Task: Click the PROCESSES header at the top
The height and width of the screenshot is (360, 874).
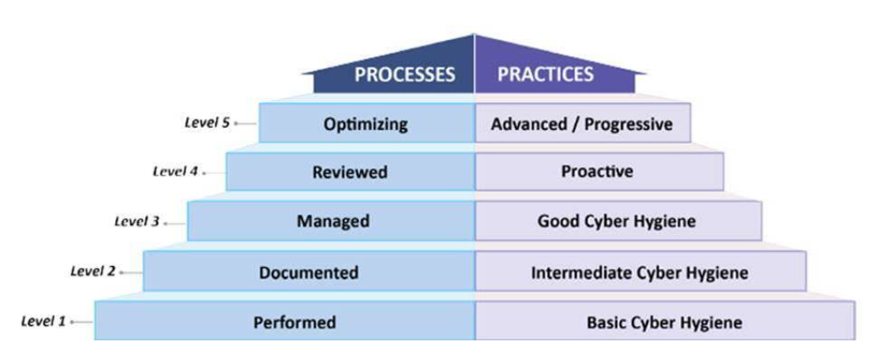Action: click(405, 74)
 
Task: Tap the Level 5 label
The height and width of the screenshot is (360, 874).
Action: click(207, 122)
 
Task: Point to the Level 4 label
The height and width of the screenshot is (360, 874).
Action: click(175, 171)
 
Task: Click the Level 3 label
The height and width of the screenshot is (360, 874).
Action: click(137, 222)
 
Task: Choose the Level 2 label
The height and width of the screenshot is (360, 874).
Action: click(92, 271)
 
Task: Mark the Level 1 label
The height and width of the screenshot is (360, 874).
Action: click(43, 322)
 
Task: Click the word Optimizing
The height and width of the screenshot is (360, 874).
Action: click(365, 125)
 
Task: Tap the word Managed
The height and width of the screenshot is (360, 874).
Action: click(333, 222)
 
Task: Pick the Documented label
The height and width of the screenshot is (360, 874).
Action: click(308, 273)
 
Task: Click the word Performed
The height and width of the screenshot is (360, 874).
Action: click(294, 323)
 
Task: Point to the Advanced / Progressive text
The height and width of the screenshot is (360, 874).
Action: click(581, 125)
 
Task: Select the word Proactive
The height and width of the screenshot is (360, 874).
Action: click(597, 172)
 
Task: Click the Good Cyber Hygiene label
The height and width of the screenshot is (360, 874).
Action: click(616, 222)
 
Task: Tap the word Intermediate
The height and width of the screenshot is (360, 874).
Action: click(575, 273)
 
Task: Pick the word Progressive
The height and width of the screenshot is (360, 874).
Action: click(623, 125)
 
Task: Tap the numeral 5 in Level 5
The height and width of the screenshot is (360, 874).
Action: click(225, 122)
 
